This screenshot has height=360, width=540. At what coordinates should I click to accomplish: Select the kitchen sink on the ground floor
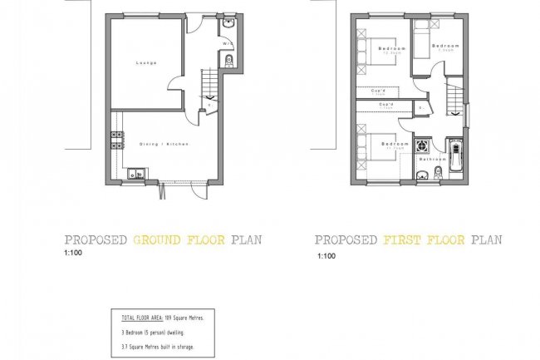click(135, 175)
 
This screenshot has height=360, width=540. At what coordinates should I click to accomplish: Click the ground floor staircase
click(209, 86)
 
